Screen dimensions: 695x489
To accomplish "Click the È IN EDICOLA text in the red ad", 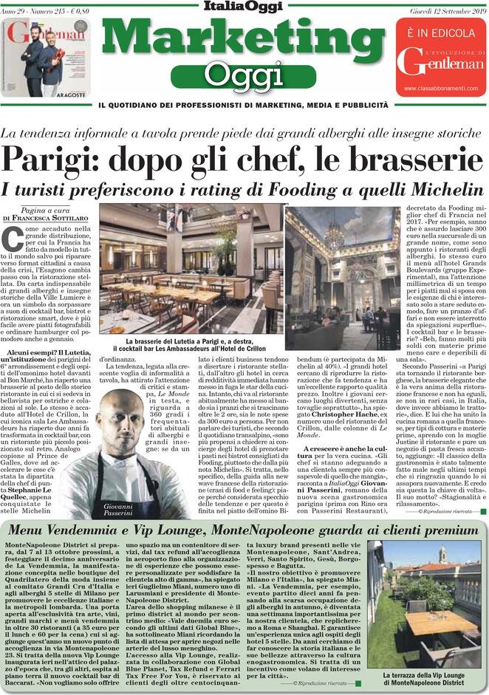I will (x=440, y=33).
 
